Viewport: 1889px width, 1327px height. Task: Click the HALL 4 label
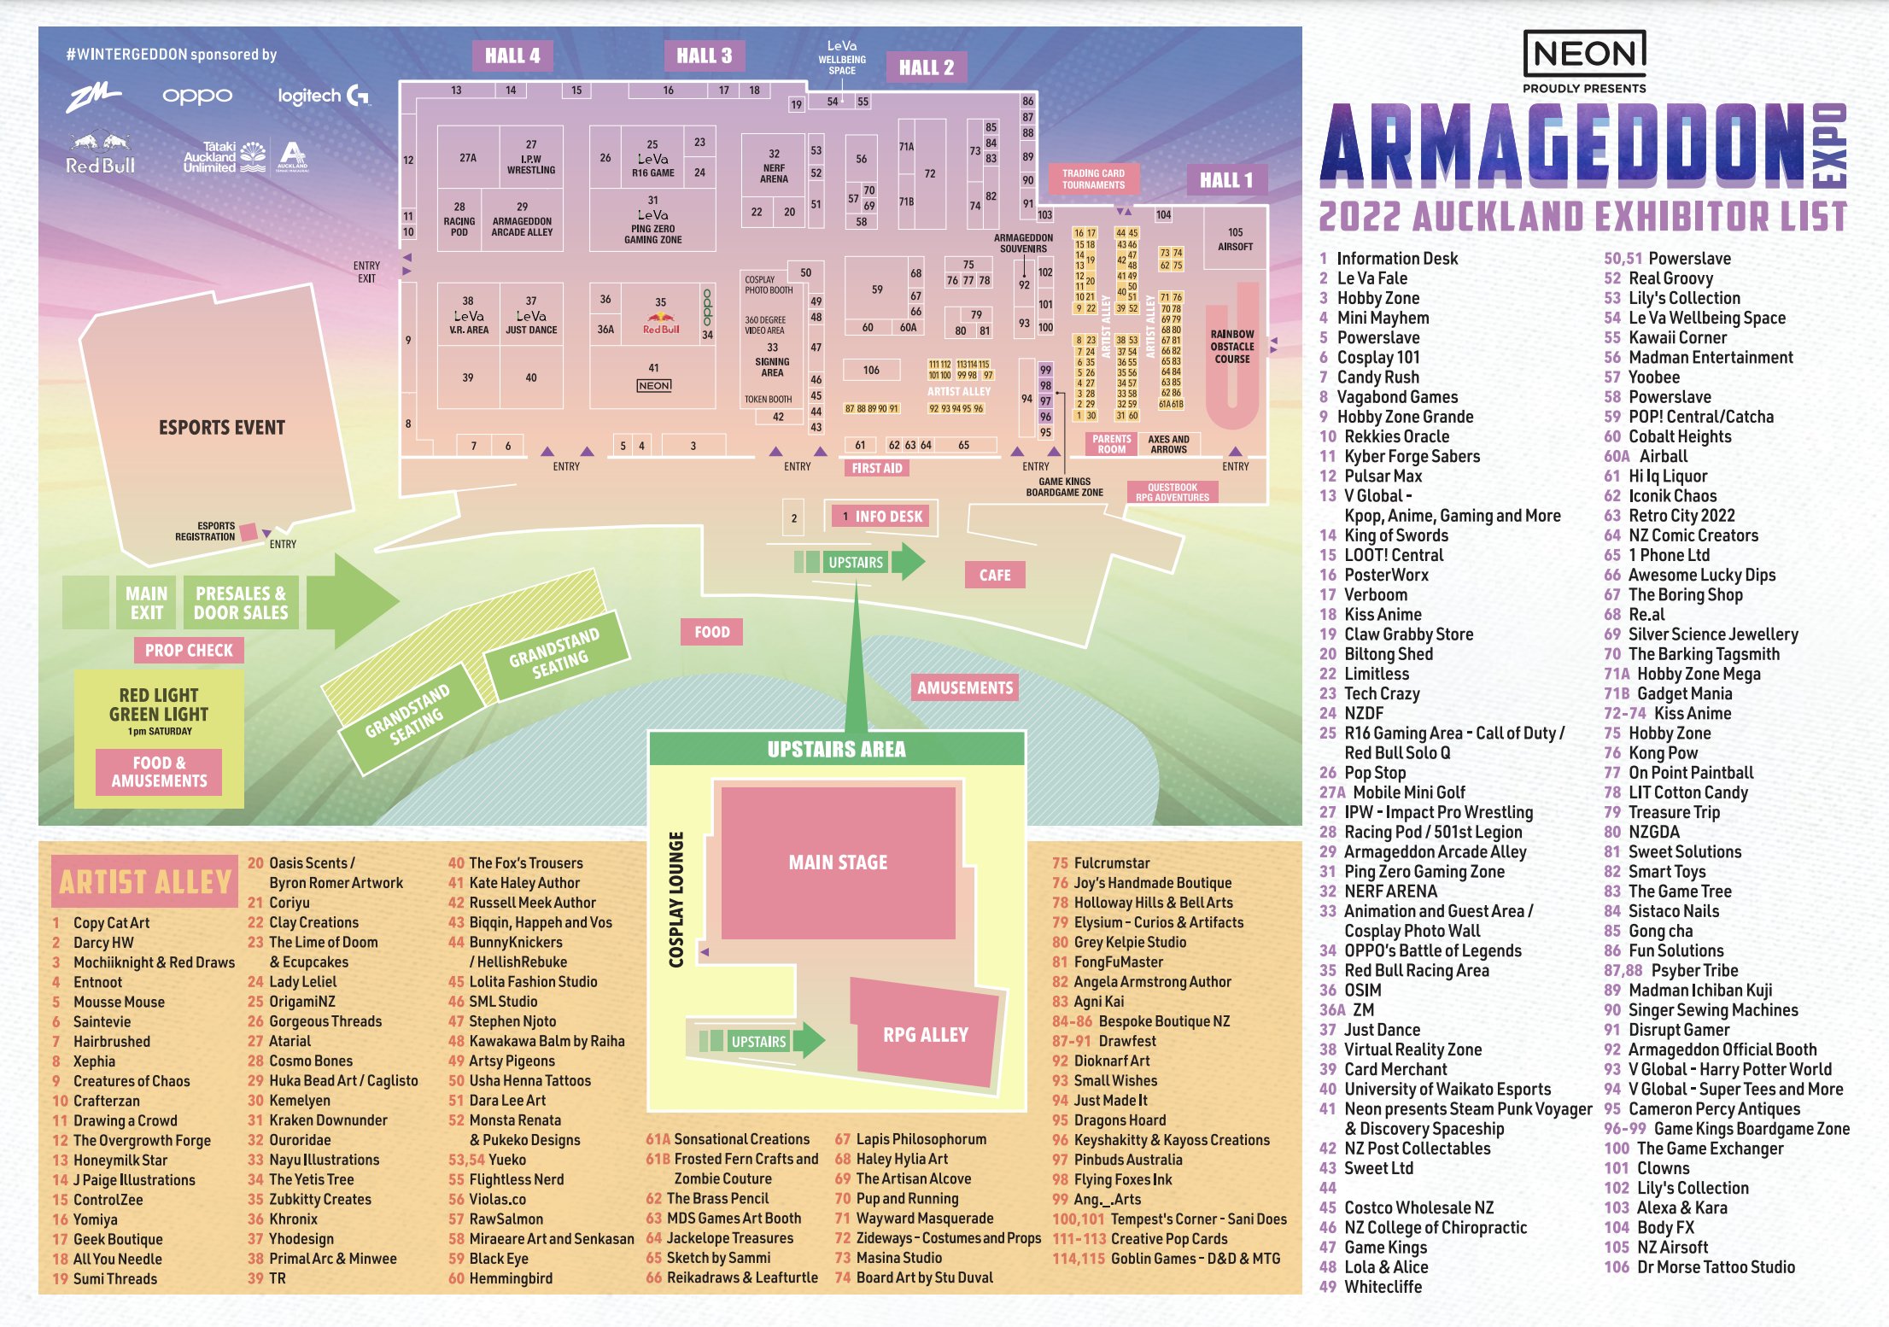[512, 56]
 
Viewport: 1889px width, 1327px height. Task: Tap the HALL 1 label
[1225, 180]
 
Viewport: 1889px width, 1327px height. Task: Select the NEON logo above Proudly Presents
[1584, 54]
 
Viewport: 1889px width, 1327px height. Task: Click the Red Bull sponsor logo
[101, 154]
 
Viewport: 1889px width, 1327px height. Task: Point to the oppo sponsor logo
[197, 96]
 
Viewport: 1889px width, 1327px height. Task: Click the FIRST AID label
[877, 468]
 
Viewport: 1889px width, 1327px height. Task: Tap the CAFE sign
[995, 575]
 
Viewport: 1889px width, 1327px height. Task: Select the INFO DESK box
[881, 517]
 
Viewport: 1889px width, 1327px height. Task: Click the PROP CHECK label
[189, 651]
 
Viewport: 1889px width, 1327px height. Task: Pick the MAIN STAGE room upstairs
[838, 862]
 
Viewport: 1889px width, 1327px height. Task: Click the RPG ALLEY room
[926, 1035]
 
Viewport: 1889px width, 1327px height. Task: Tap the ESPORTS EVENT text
[222, 428]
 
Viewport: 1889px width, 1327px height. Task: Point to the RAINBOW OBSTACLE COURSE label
[1231, 347]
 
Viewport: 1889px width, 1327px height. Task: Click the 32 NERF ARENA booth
[774, 167]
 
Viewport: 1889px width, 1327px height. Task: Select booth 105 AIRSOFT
[1235, 239]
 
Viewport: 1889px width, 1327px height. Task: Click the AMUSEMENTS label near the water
[965, 688]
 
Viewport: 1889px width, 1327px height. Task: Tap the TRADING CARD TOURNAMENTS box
[1093, 178]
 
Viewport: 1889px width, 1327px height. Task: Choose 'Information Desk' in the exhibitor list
[1397, 259]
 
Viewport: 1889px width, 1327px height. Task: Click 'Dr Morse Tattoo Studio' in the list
[1716, 1267]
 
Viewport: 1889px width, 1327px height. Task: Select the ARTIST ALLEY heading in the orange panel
[145, 881]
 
